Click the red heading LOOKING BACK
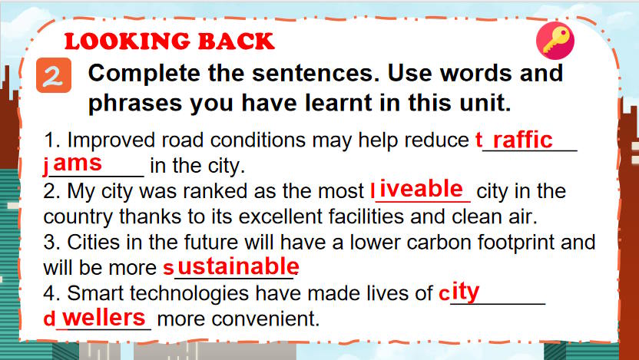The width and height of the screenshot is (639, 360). (x=168, y=41)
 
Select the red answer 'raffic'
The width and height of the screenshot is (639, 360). (x=522, y=140)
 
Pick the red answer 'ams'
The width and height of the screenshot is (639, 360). (x=78, y=163)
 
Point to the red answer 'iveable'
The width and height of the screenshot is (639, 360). (x=422, y=189)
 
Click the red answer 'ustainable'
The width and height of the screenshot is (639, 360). (x=237, y=266)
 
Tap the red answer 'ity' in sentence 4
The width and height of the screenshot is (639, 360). (x=465, y=292)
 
